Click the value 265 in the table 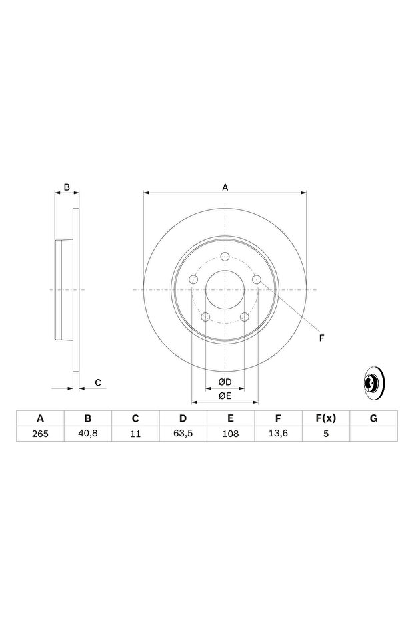click(40, 434)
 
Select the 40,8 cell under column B click(88, 434)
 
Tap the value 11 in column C click(135, 434)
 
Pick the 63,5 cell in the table click(183, 434)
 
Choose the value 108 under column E click(231, 434)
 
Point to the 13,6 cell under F click(278, 434)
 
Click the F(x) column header click(326, 418)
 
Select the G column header click(373, 418)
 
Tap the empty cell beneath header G click(373, 434)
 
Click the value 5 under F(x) click(326, 434)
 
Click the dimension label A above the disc click(225, 187)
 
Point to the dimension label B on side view click(67, 187)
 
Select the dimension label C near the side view click(98, 382)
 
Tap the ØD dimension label click(225, 382)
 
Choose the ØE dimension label click(225, 396)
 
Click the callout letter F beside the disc click(321, 338)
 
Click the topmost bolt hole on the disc click(225, 256)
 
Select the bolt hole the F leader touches click(257, 279)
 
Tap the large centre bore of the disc click(225, 290)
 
